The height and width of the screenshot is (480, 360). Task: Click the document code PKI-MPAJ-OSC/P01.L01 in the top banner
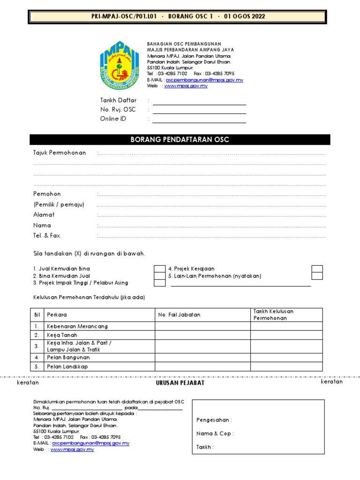click(124, 16)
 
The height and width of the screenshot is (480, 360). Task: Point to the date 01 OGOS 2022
click(244, 16)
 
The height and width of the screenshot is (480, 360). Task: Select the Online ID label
click(113, 119)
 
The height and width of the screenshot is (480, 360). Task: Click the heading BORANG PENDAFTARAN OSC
click(180, 140)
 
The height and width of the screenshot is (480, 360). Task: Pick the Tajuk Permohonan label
click(60, 153)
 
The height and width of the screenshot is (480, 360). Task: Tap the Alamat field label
click(44, 215)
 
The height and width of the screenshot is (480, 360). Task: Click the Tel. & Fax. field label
click(47, 235)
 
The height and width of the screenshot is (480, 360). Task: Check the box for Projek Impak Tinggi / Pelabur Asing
click(160, 283)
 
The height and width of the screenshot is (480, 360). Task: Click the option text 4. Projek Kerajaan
click(191, 269)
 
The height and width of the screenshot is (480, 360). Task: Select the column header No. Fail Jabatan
click(179, 315)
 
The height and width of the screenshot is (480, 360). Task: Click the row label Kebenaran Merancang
click(77, 326)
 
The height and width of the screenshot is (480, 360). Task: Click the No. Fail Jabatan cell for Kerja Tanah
click(202, 335)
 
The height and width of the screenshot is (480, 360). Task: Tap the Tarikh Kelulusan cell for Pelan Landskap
click(286, 367)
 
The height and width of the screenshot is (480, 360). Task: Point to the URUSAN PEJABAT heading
click(180, 383)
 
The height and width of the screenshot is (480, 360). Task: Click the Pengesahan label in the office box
click(214, 420)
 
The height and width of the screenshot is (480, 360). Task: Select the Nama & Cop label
click(215, 434)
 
